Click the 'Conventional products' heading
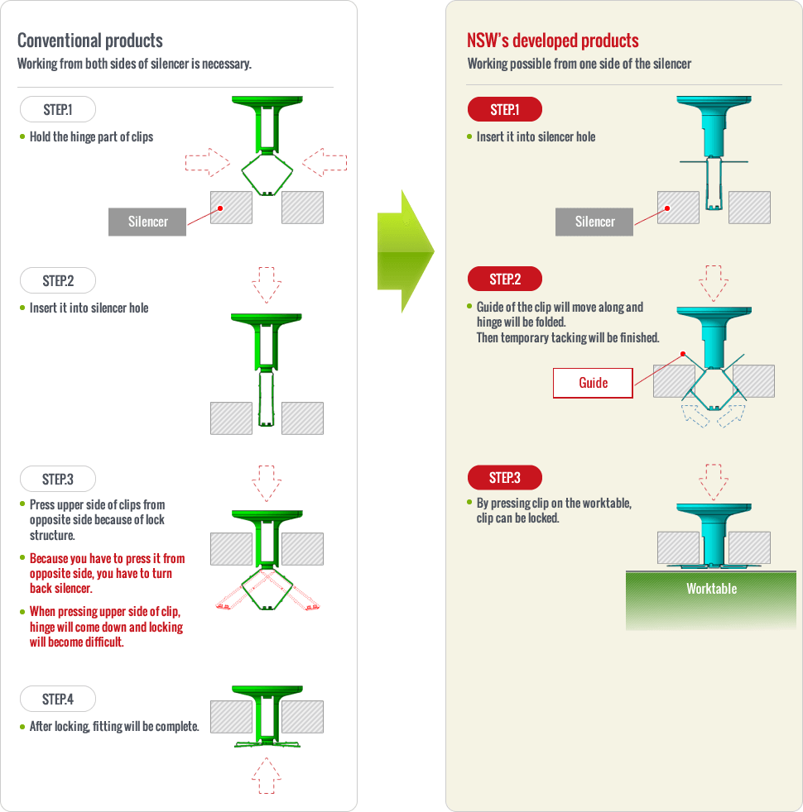pos(90,41)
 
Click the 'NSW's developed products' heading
pos(553,41)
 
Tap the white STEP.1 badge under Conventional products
pos(58,109)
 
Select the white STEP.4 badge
pos(58,699)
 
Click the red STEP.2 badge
pos(505,279)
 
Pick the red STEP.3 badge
pos(505,477)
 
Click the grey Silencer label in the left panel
pos(147,222)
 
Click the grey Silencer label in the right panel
pos(594,222)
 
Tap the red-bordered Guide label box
pos(593,383)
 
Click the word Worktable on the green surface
pos(711,589)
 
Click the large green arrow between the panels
pos(406,251)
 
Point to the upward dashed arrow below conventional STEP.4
pos(267,776)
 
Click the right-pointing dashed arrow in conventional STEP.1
pos(207,162)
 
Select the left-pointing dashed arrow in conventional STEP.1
pos(325,162)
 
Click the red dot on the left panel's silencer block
pos(220,208)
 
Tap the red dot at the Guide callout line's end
pos(683,354)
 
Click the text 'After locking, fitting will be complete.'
pos(114,727)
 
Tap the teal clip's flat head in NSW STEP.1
pos(714,100)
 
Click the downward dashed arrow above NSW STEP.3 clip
pos(714,482)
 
